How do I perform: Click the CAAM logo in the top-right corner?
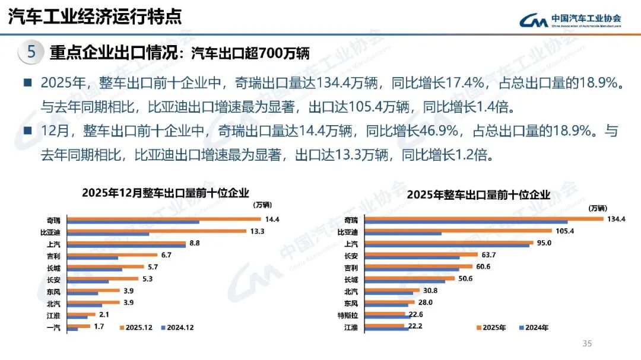(x=570, y=20)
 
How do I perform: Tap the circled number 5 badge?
(x=31, y=52)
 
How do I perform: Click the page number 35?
(x=588, y=343)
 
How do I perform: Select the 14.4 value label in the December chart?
(x=272, y=219)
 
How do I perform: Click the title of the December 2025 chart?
(x=166, y=192)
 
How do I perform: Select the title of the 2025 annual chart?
(x=479, y=195)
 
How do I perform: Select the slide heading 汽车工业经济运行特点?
(x=95, y=16)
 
